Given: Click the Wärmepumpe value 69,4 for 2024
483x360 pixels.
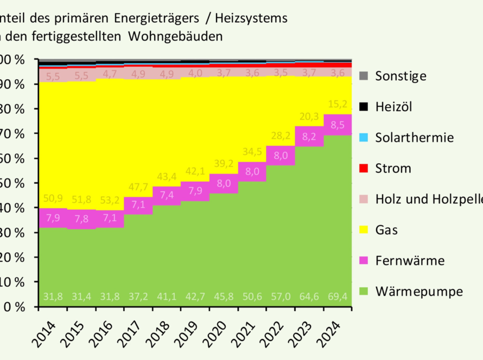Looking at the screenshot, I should coord(338,298).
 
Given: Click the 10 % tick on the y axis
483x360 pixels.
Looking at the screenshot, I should coord(13,282).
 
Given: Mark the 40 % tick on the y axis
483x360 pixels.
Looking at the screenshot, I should coord(13,208).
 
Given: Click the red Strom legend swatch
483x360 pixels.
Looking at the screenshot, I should coord(363,168).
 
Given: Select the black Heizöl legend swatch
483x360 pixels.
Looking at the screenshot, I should coord(363,107).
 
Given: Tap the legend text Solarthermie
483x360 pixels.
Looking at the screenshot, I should coord(414,138).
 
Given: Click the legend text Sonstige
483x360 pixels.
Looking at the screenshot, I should coord(401,76).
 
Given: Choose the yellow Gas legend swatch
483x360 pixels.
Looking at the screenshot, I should coord(363,230).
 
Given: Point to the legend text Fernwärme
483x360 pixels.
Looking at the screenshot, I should coord(410,261).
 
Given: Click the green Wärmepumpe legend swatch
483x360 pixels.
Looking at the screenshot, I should coord(363,292).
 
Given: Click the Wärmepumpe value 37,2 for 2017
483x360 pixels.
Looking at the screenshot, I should coord(138,298).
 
